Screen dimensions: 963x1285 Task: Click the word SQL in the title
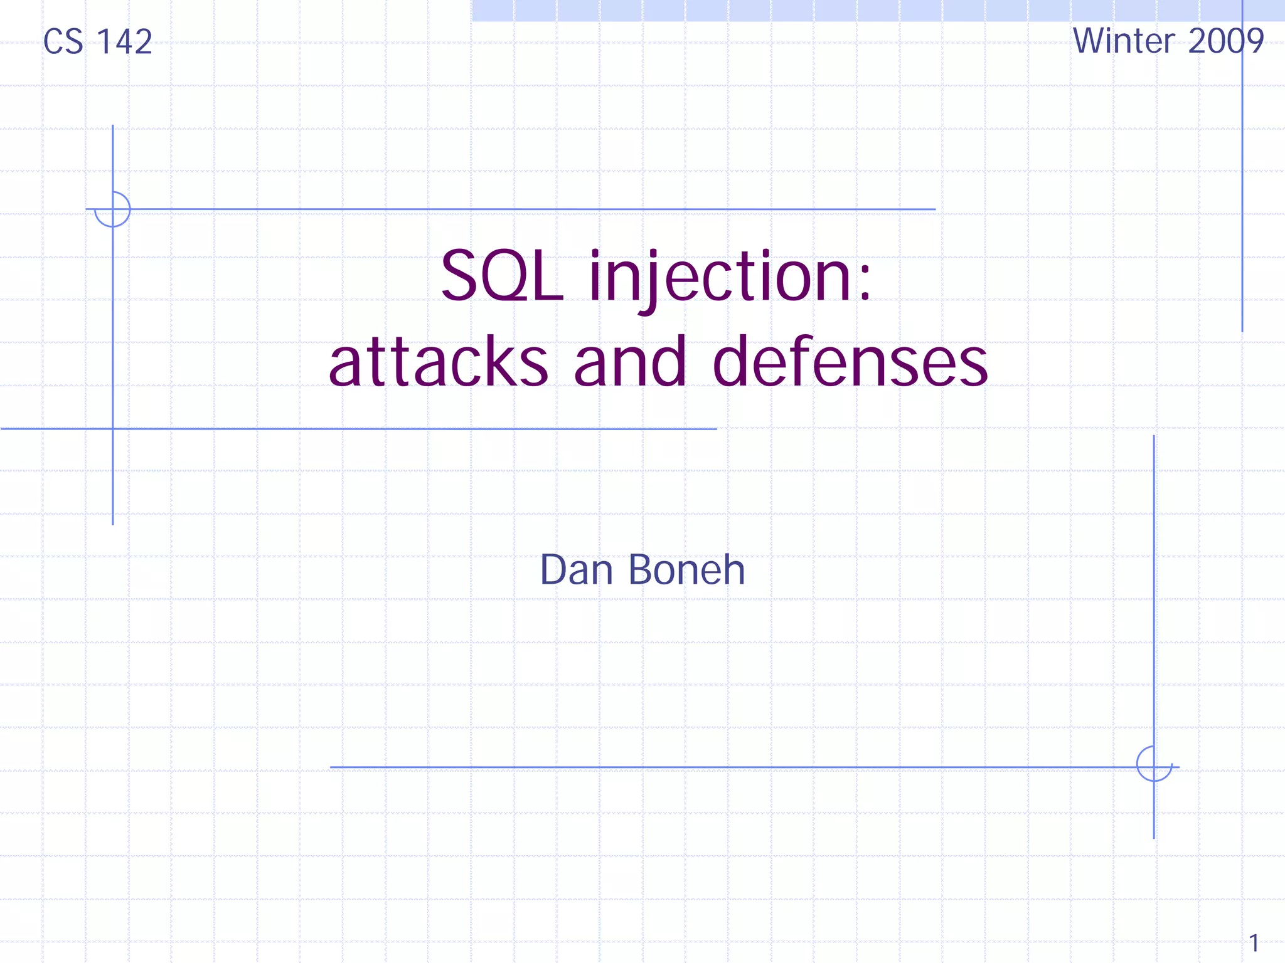(501, 276)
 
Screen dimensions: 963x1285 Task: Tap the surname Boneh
(686, 570)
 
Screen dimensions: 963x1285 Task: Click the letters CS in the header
(63, 43)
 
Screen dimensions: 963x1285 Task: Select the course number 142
(125, 43)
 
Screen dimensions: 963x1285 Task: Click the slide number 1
(1254, 943)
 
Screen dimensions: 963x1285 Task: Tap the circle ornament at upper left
(112, 209)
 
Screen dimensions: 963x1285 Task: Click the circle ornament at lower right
(1154, 764)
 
